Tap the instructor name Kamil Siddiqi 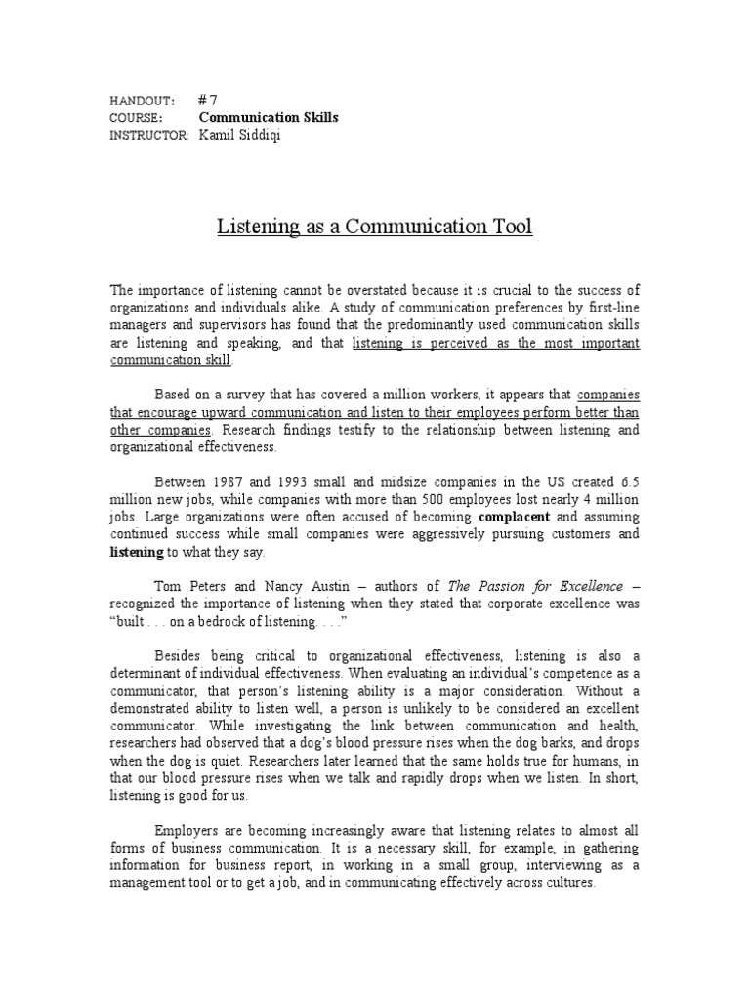[241, 135]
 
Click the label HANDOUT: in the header [143, 101]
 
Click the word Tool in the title [509, 228]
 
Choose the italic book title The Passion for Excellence [535, 587]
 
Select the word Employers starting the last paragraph [189, 831]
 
